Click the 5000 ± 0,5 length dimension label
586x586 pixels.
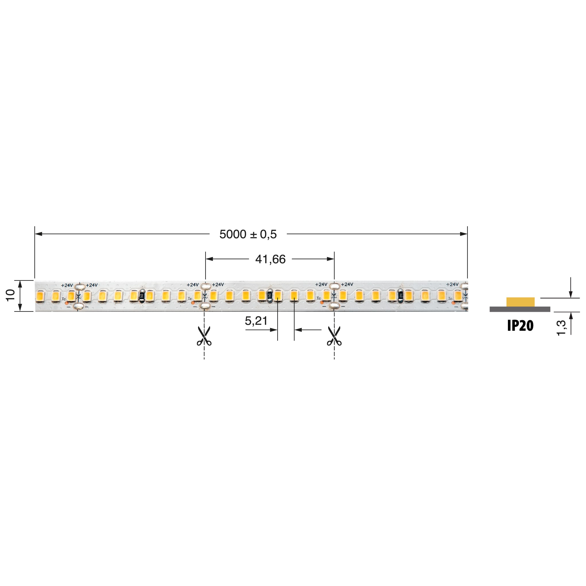pos(248,235)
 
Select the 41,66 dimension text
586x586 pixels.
pos(270,259)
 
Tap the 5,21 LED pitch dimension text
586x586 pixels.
pos(256,321)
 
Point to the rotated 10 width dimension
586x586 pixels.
pos(10,295)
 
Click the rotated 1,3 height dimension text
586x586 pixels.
pos(561,328)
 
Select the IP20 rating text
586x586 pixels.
pos(520,326)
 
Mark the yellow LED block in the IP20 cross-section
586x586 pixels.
pos(520,302)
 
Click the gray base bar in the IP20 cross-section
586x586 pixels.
pos(520,309)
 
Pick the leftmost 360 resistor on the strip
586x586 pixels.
pos(142,296)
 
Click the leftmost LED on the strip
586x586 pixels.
pos(40,296)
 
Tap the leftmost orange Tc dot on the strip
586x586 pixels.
pos(66,303)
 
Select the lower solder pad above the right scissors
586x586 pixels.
pos(334,305)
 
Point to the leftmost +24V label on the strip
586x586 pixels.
pos(67,285)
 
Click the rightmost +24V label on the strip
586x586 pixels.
pos(452,284)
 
